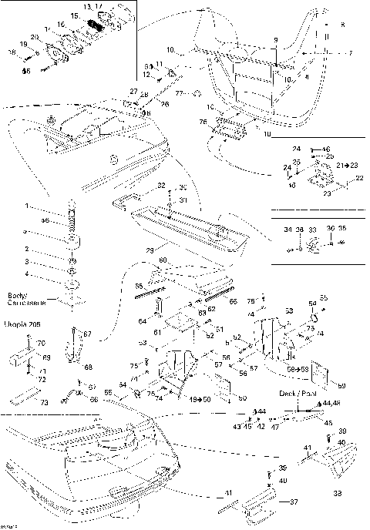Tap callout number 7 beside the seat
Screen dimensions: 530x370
coord(350,53)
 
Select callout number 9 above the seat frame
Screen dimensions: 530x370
coord(274,39)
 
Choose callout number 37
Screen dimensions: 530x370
coord(293,502)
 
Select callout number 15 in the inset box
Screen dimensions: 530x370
coord(74,15)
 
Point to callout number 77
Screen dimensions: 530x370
coord(178,93)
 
